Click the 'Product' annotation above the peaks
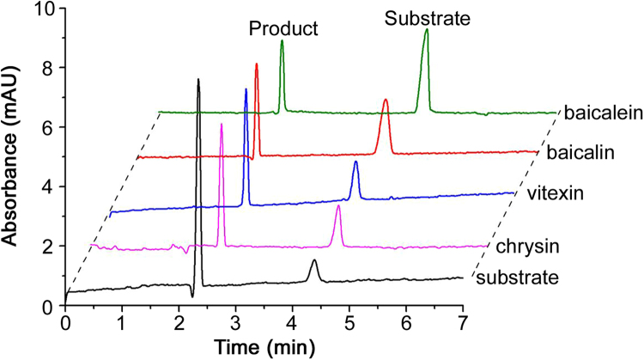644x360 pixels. [283, 29]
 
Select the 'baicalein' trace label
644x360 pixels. [598, 112]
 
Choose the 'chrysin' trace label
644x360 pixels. [524, 247]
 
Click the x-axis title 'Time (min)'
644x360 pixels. [264, 347]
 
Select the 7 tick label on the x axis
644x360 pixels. [463, 324]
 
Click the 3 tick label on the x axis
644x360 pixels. [235, 324]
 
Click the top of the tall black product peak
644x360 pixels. [198, 80]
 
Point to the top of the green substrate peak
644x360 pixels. [426, 30]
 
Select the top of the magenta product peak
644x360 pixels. [222, 125]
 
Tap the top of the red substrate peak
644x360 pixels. [386, 101]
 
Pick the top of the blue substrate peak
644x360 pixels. [355, 162]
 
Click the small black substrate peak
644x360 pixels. [314, 260]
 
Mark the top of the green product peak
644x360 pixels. [282, 41]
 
